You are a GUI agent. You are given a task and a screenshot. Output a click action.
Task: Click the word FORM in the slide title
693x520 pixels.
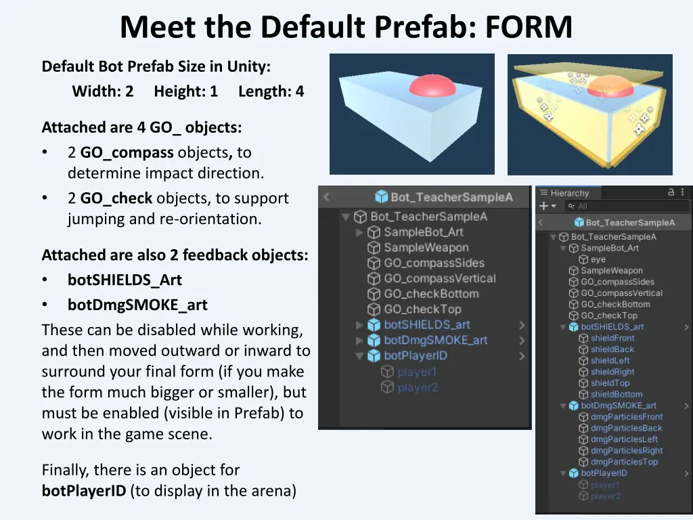tap(529, 28)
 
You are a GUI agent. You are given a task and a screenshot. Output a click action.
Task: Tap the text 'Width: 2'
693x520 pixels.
tap(103, 91)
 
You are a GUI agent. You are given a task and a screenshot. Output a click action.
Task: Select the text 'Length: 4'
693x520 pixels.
tap(271, 91)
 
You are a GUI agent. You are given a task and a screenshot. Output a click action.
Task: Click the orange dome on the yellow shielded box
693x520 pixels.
tap(611, 87)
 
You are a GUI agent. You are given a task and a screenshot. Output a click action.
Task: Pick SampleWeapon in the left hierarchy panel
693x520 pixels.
tap(426, 248)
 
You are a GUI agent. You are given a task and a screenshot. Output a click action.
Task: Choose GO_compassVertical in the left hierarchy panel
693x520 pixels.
tap(439, 278)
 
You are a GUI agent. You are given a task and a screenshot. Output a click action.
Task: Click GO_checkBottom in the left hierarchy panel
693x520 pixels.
tap(431, 294)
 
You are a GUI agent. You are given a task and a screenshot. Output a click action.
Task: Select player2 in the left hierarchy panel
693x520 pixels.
tap(417, 387)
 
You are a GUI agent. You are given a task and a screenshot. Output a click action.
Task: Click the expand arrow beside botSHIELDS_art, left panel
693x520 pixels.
tap(359, 325)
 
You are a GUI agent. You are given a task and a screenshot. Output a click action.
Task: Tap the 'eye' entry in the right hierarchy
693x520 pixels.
tap(598, 259)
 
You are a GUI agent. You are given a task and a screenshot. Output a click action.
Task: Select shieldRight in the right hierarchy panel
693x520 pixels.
tap(612, 372)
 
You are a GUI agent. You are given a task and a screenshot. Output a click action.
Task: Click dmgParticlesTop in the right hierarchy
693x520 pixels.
tap(623, 462)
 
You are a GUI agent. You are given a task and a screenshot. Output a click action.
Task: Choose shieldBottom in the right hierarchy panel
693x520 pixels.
tap(616, 394)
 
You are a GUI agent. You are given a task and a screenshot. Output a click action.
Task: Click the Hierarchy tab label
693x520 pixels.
tap(570, 193)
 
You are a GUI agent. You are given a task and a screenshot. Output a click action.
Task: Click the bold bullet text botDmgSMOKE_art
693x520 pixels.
tap(137, 305)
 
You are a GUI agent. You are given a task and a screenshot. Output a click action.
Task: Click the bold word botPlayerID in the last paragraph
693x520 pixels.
tap(84, 491)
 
